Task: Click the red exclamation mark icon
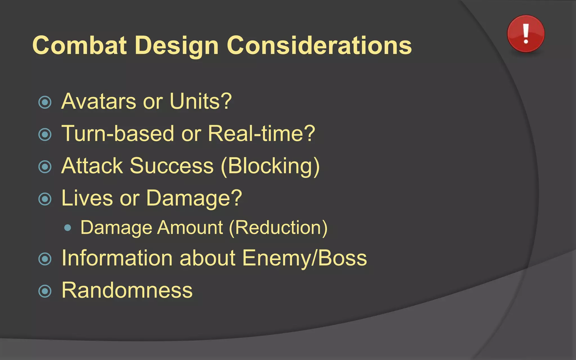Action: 526,34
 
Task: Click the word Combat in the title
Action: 80,45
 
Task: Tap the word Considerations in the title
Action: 319,45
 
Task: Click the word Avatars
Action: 98,101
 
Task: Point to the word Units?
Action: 201,101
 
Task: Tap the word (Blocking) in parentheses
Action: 270,166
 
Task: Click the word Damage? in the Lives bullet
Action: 194,199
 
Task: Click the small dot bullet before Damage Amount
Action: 67,228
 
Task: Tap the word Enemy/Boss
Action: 304,258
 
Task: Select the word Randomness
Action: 127,290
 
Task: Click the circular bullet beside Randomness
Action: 45,291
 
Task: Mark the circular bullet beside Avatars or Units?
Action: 45,102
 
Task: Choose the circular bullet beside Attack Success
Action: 45,166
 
